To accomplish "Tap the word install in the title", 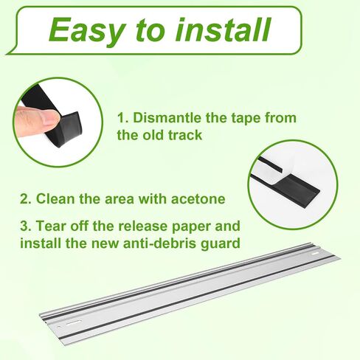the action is point(223,30).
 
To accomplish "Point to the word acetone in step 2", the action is point(198,199).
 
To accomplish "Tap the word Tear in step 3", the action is point(52,226).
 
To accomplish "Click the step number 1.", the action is point(123,118).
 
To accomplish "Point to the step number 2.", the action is point(26,198).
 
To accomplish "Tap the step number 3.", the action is point(26,226).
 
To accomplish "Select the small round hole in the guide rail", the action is point(59,328).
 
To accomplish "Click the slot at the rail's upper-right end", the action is point(316,254).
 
